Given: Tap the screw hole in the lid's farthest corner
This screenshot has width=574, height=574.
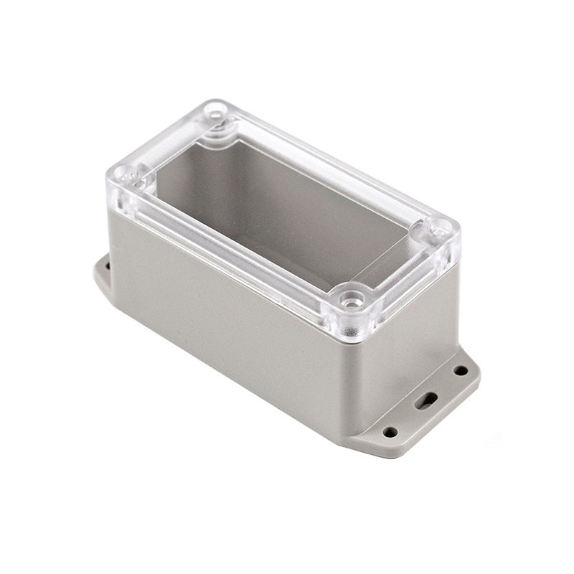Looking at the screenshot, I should coord(215,112).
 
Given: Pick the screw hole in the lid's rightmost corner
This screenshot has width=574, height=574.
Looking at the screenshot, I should coord(440,230).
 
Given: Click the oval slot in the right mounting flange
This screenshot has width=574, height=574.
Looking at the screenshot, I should coord(428,400).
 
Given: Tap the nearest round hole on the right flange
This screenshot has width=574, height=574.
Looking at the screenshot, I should coord(390,432).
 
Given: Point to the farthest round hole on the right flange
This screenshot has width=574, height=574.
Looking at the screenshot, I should coord(461,370).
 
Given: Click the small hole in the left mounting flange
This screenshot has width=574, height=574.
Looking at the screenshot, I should coord(107,265).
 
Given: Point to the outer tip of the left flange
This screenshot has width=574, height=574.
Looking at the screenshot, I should coord(95,273).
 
